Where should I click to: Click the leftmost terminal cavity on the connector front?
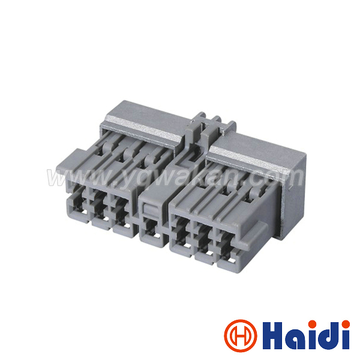coord(79,205)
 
